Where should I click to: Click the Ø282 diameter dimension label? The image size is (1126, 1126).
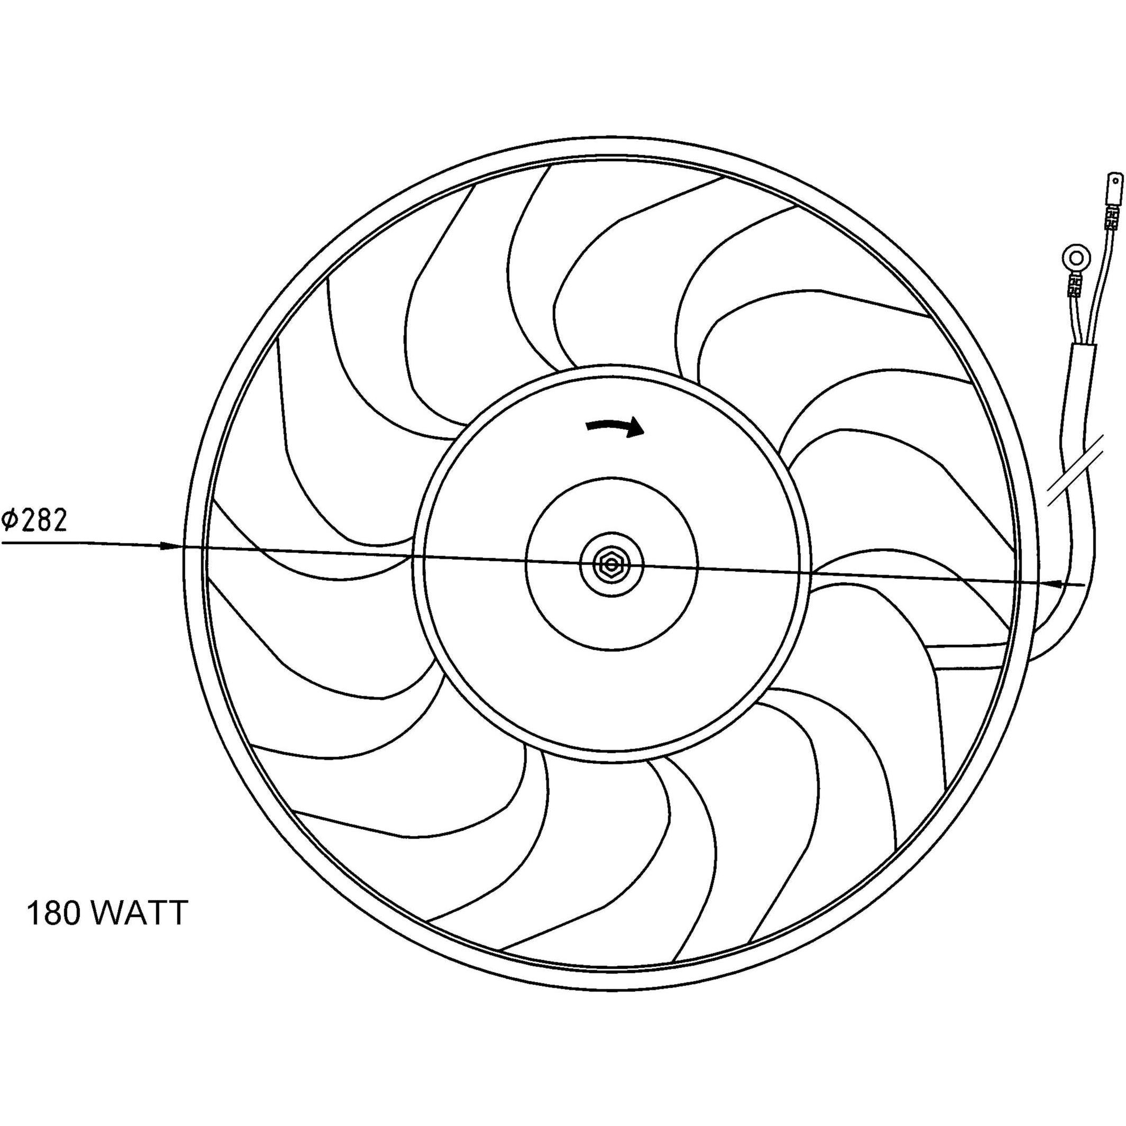tap(35, 521)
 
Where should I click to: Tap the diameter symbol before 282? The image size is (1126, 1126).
tap(11, 521)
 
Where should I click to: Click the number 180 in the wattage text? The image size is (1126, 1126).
tap(53, 913)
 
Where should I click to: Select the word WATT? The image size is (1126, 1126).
tap(140, 913)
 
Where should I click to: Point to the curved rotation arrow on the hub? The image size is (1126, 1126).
tap(615, 427)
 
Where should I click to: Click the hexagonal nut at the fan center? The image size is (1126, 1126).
tap(610, 564)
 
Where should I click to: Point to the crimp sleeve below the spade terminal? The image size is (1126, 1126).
tap(1111, 239)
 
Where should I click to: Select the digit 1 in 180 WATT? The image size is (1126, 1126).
tap(33, 913)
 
